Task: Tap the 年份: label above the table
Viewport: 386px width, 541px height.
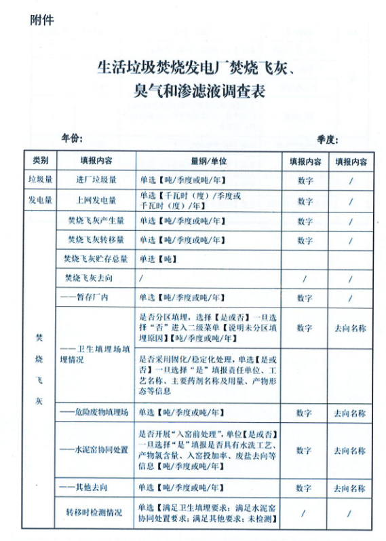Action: point(72,138)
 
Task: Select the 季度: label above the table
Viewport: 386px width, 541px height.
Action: point(327,139)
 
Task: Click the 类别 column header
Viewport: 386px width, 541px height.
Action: point(40,162)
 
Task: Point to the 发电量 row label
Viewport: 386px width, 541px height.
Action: point(40,200)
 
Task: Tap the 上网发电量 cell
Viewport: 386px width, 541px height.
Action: point(96,200)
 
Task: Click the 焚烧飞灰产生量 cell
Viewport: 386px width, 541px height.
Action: point(96,221)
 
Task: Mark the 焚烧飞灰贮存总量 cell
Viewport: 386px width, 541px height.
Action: point(96,259)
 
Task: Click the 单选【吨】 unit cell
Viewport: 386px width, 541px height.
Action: point(158,259)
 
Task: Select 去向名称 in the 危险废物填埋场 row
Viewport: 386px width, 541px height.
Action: point(350,412)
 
